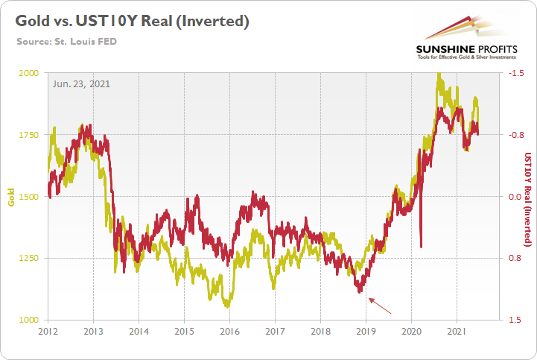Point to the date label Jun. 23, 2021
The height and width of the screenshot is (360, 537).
click(81, 83)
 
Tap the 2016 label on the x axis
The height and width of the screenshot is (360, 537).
click(229, 330)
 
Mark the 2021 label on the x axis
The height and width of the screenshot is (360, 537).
click(457, 330)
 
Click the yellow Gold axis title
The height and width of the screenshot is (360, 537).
click(10, 197)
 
